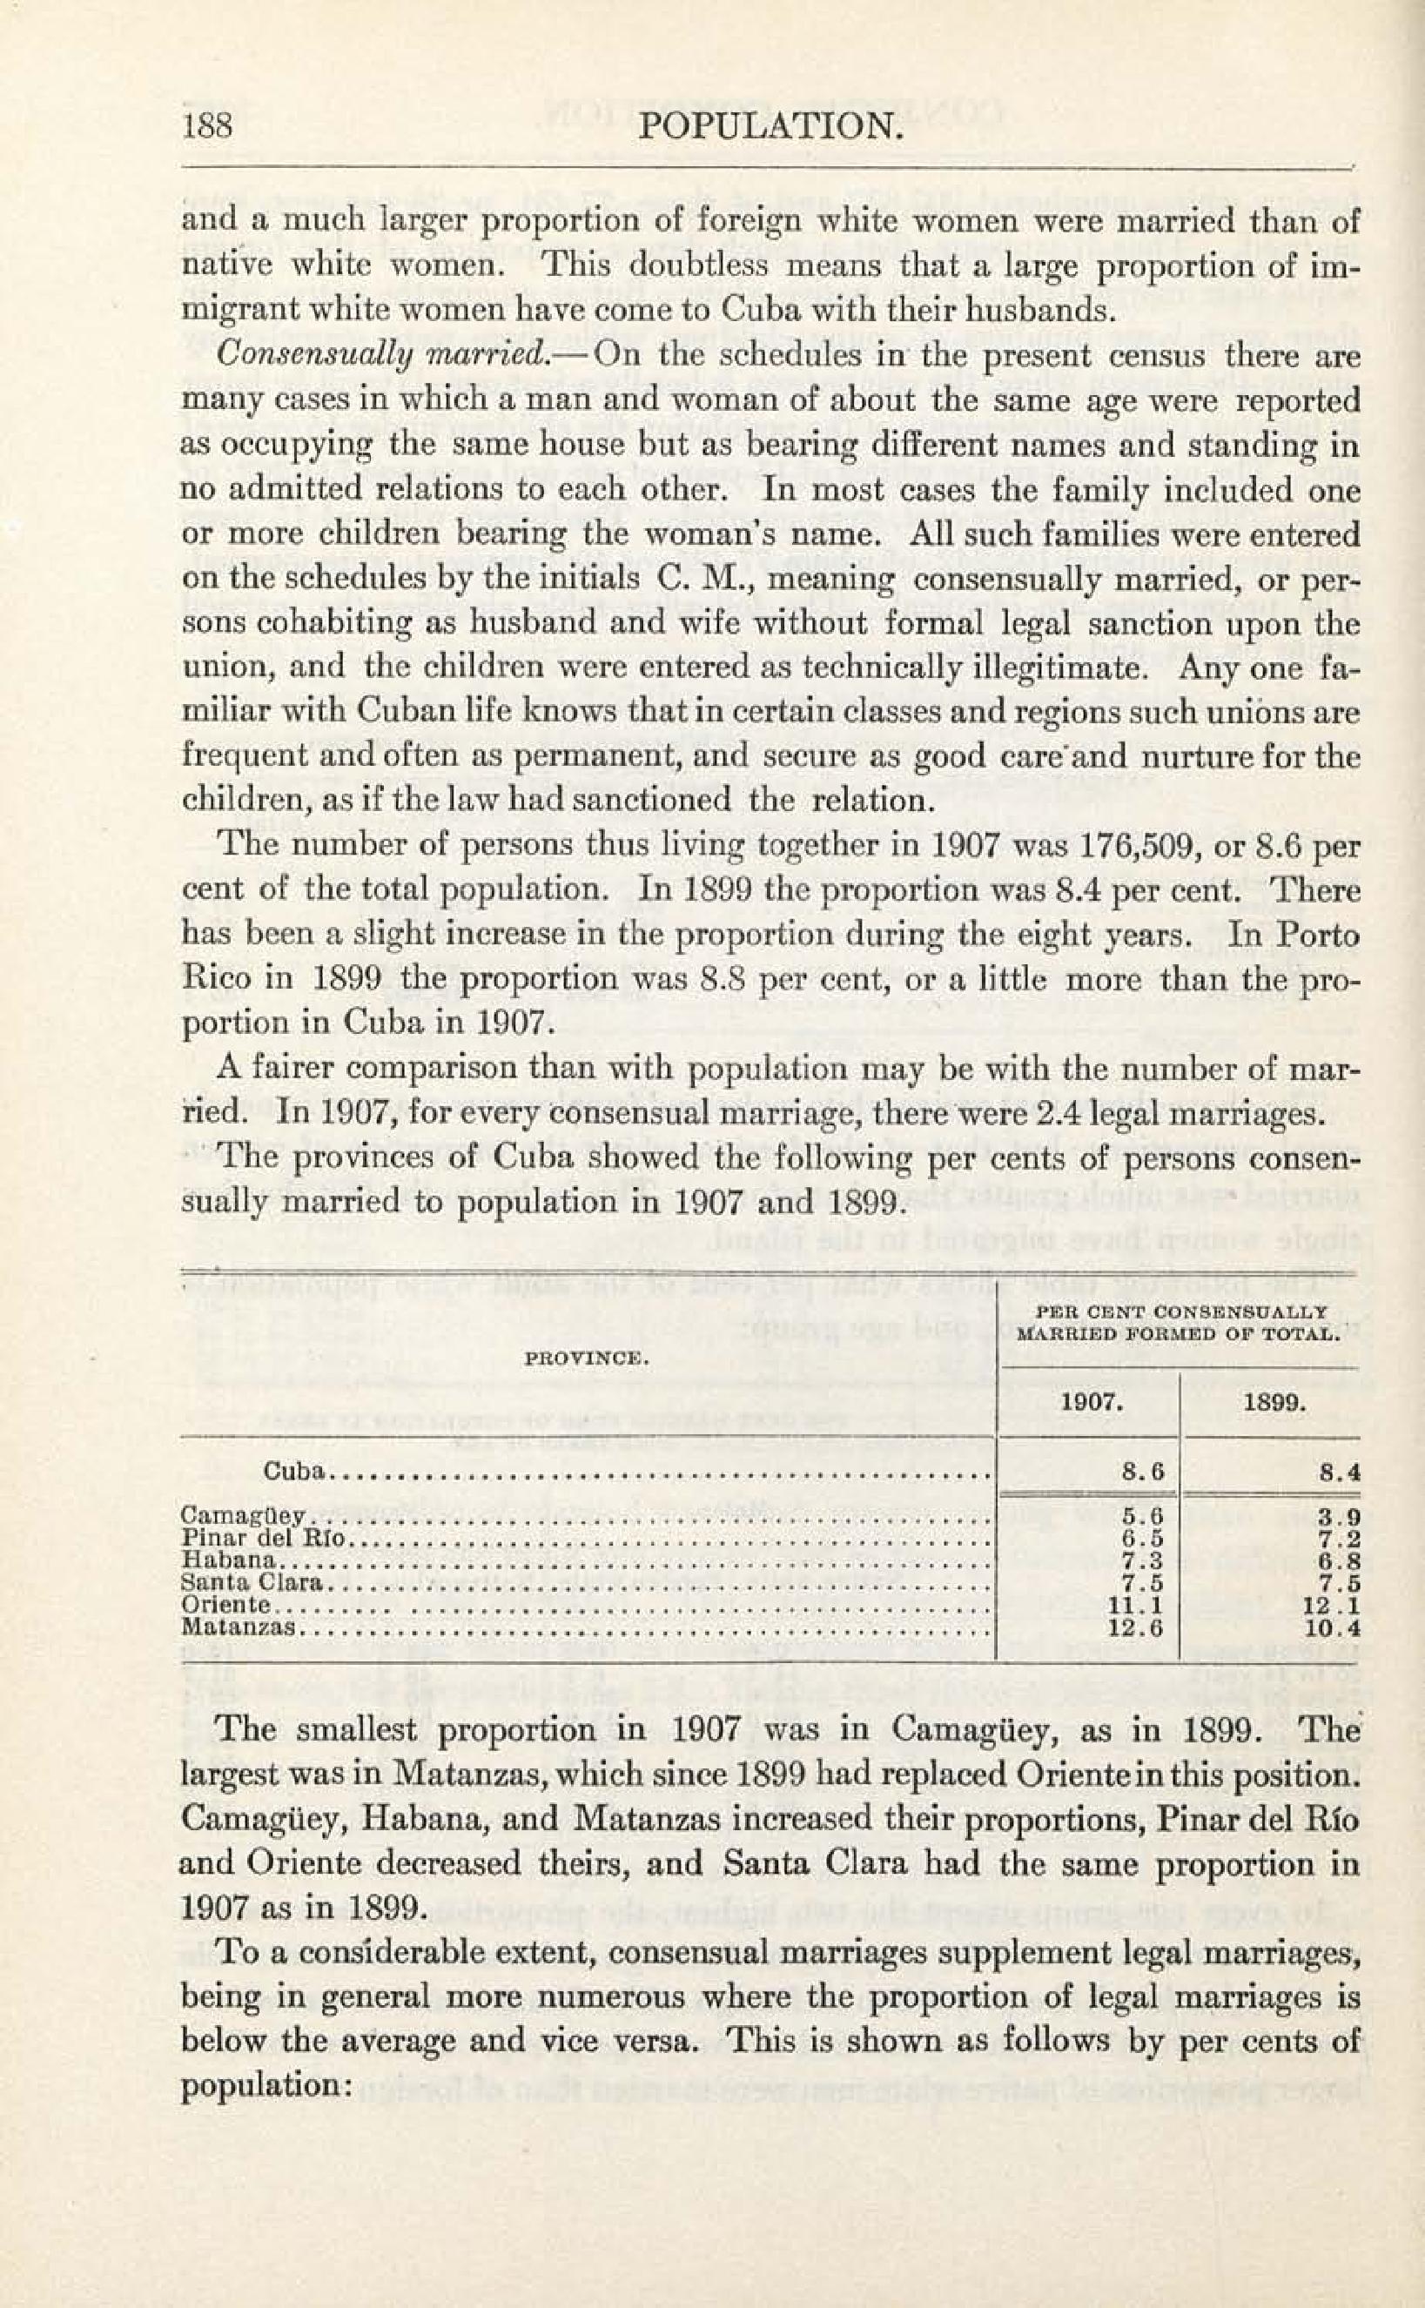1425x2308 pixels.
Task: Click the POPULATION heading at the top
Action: pyautogui.click(x=771, y=124)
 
